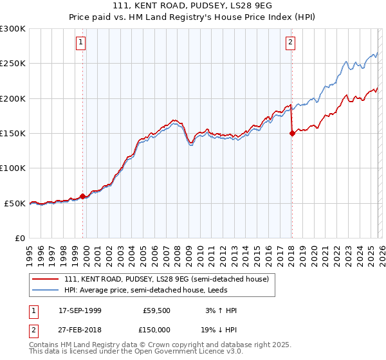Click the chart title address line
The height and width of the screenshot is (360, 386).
(x=193, y=6)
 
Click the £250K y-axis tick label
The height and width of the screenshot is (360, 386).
(x=13, y=64)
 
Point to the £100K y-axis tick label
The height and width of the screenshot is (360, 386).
(x=13, y=168)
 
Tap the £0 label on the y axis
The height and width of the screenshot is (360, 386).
(x=20, y=238)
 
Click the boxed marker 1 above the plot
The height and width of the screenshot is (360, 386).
(x=82, y=43)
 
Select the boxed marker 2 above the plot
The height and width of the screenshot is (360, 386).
(x=290, y=43)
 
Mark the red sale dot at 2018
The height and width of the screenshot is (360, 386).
(x=292, y=134)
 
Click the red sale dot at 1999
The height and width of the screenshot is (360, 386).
(x=83, y=197)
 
